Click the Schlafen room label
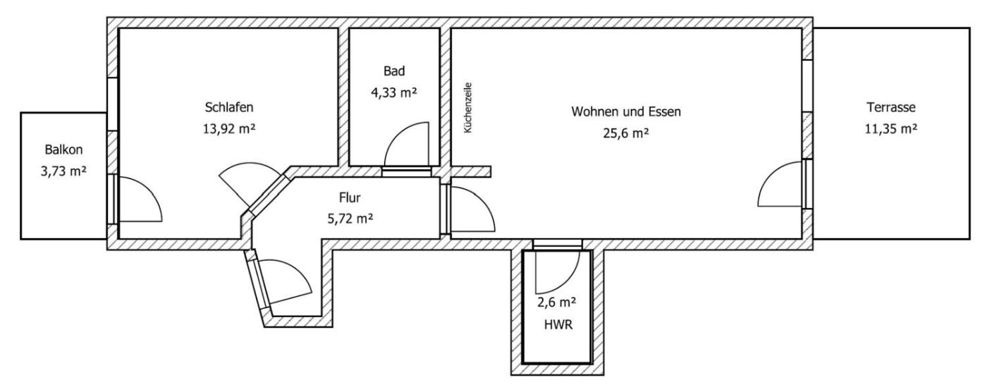pos(229,107)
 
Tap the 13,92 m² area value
pos(229,129)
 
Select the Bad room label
pos(394,71)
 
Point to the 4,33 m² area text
pos(394,92)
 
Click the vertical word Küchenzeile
pos(468,108)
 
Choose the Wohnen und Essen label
pos(626,111)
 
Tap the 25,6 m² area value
pos(626,133)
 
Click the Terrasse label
pos(891,107)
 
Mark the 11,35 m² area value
pos(891,129)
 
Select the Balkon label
pos(63,149)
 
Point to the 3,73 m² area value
pos(63,171)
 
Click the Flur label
pos(350,197)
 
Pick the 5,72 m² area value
pos(350,219)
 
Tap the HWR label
pos(558,325)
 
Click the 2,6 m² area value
pos(556,302)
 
